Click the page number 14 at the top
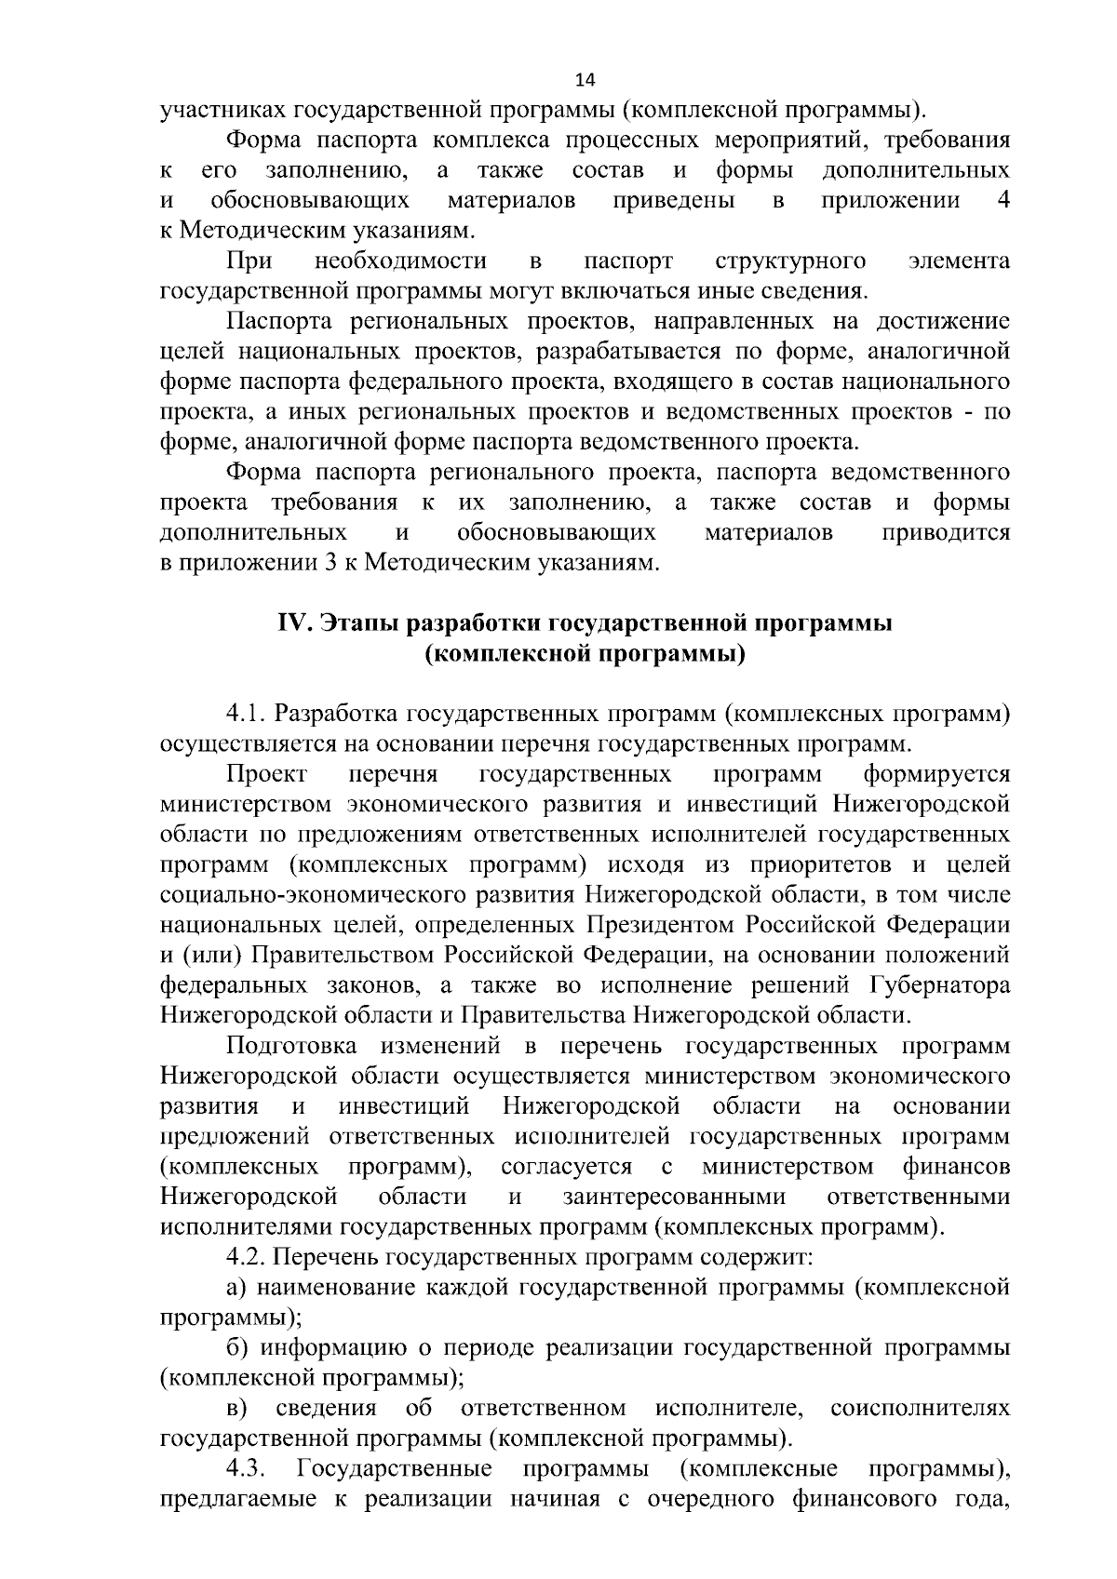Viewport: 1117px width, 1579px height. (585, 78)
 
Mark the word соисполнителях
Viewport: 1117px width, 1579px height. (920, 1409)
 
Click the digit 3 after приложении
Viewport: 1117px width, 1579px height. (330, 563)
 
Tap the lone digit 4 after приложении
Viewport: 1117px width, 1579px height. (1002, 200)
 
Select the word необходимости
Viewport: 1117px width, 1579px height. (401, 261)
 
